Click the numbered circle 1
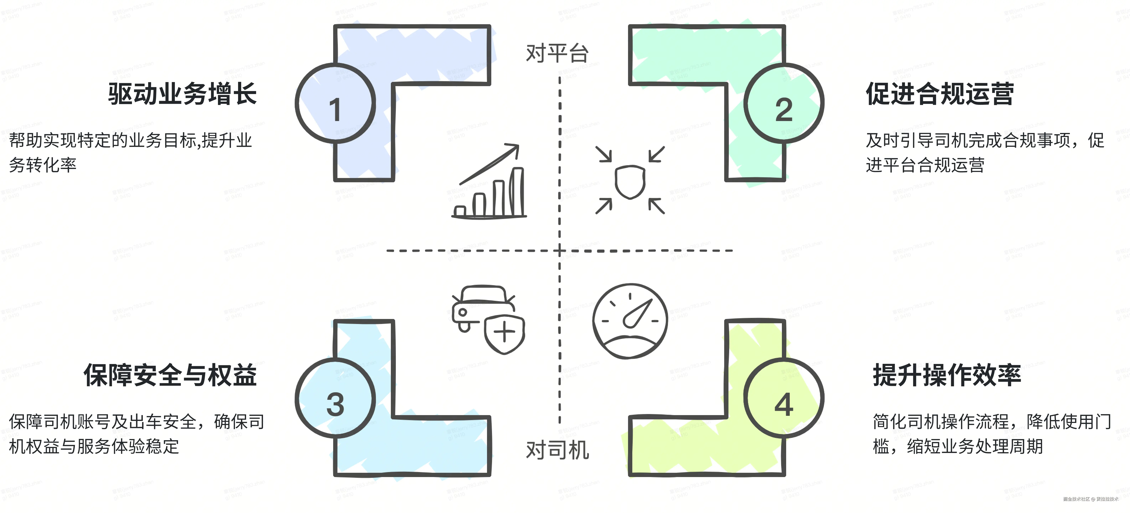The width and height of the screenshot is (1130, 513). click(x=335, y=103)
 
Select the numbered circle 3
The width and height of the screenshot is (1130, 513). click(x=335, y=398)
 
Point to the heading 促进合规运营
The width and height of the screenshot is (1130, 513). click(x=940, y=94)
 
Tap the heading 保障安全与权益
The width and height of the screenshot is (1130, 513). click(x=170, y=375)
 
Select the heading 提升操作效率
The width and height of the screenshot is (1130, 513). click(x=947, y=375)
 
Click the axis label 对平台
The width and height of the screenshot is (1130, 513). click(x=557, y=54)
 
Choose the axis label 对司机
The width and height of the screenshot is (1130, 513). click(x=557, y=450)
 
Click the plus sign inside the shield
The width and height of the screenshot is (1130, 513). click(x=504, y=332)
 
